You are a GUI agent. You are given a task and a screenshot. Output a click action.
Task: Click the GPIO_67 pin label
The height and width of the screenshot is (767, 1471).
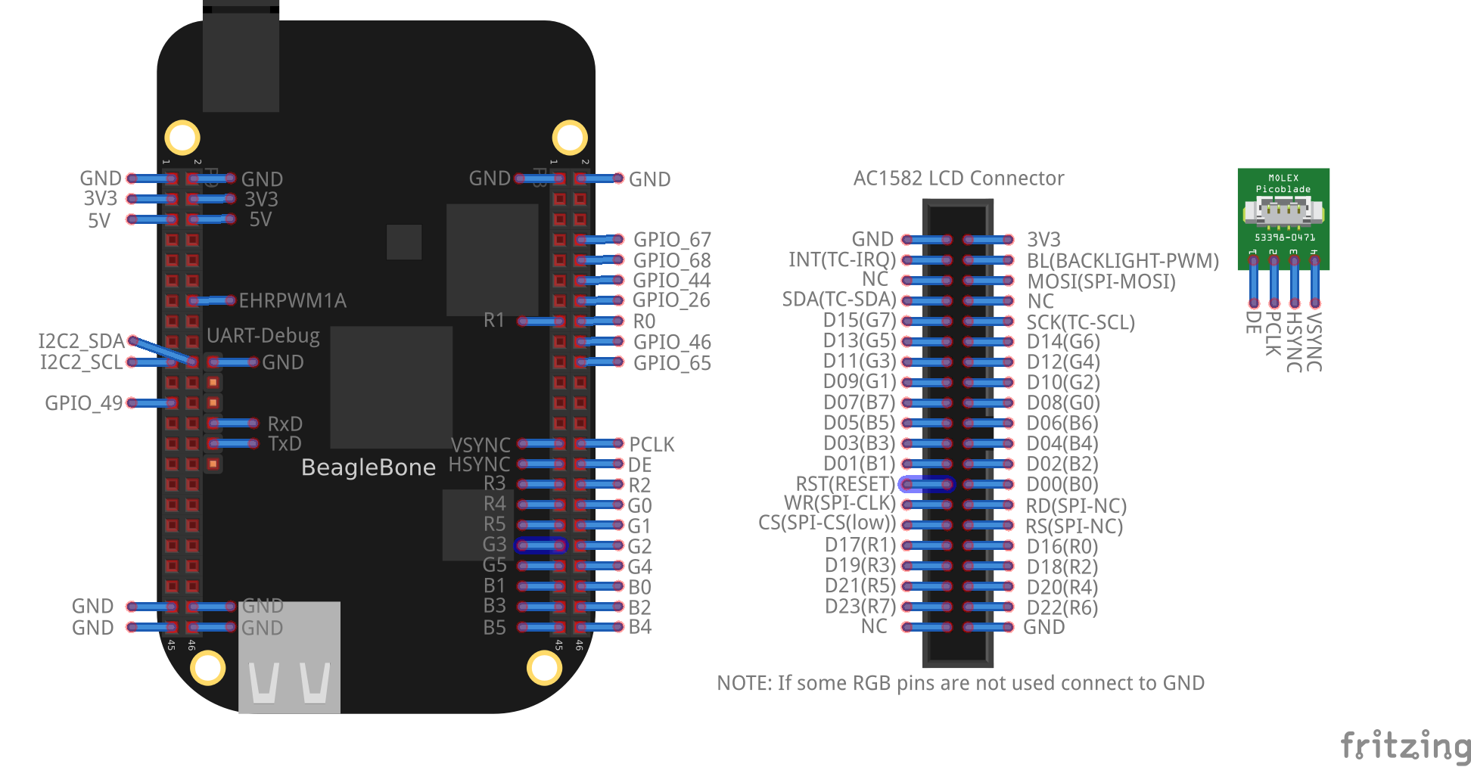click(672, 240)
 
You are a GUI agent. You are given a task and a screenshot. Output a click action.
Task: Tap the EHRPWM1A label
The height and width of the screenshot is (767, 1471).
click(292, 301)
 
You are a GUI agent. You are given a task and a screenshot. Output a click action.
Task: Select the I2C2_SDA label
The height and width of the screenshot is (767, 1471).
click(81, 341)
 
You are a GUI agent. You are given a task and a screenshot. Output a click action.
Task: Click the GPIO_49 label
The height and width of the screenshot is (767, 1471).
click(83, 403)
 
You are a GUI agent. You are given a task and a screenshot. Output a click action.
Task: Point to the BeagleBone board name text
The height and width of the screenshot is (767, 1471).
click(368, 467)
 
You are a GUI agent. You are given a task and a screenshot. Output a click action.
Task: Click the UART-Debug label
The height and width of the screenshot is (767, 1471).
click(263, 336)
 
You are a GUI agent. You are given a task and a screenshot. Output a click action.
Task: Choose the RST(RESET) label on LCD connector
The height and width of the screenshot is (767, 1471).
click(844, 484)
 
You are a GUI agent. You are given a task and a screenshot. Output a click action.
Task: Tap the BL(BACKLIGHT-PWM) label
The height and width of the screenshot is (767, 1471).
click(1122, 261)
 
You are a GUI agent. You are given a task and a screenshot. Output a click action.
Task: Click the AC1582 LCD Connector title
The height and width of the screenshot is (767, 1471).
click(958, 179)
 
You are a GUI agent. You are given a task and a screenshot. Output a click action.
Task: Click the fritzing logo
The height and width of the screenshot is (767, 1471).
click(1404, 745)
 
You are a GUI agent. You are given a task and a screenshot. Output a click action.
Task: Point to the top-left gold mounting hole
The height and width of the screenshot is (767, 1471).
click(182, 138)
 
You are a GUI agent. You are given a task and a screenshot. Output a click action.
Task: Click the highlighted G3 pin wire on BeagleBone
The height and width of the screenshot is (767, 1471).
click(540, 545)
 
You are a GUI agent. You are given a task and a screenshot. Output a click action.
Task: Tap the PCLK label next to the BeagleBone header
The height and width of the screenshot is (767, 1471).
click(652, 445)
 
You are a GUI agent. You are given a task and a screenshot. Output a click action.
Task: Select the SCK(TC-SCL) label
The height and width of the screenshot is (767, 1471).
click(1080, 322)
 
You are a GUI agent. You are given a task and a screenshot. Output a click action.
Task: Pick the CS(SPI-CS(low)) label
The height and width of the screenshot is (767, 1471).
click(826, 523)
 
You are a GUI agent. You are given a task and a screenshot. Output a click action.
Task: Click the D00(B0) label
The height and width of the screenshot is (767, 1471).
click(1062, 485)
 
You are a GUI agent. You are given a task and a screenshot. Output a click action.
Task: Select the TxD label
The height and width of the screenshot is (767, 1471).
click(285, 444)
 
